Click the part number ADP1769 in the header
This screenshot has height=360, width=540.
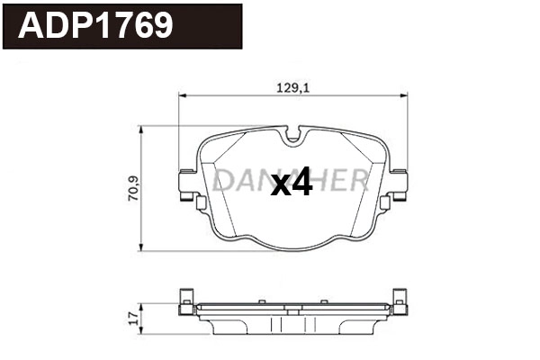click(95, 26)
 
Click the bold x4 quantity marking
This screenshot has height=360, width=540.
click(291, 184)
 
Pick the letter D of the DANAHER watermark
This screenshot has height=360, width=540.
click(222, 180)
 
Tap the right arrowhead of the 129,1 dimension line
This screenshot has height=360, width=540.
click(400, 94)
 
